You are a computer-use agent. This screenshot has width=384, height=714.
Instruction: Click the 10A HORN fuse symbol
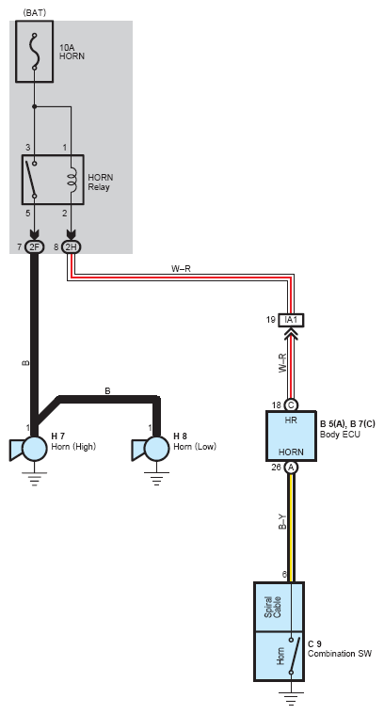[x=35, y=52]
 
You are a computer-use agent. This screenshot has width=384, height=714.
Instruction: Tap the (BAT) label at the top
[x=34, y=13]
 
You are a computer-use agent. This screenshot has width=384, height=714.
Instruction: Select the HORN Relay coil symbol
[x=72, y=178]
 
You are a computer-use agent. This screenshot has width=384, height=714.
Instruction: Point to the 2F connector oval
[x=34, y=247]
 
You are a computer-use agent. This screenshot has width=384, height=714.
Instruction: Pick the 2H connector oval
[x=71, y=247]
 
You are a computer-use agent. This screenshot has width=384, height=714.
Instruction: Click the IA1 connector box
[x=291, y=320]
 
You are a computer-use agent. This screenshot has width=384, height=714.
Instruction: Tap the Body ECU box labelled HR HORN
[x=291, y=436]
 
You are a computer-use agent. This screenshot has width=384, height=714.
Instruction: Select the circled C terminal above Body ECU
[x=291, y=405]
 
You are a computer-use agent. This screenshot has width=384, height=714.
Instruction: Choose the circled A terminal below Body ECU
[x=291, y=468]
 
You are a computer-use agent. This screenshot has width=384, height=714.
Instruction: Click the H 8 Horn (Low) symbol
[x=151, y=449]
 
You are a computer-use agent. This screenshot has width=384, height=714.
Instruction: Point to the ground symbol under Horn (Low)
[x=156, y=478]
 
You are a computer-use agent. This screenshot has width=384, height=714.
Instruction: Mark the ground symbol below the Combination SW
[x=291, y=699]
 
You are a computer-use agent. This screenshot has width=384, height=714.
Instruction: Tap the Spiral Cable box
[x=279, y=607]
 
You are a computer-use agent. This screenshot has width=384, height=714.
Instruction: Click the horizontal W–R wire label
[x=181, y=269]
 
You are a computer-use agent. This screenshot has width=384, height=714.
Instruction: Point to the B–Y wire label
[x=282, y=521]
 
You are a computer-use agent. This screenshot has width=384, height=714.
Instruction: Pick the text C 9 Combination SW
[x=340, y=649]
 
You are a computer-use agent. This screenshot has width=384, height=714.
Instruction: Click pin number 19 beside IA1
[x=271, y=320]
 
